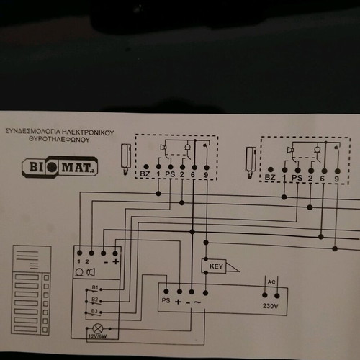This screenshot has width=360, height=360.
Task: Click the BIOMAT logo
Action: click(60, 166)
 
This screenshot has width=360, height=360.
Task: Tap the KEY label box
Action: click(214, 266)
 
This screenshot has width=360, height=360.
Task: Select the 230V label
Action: click(271, 306)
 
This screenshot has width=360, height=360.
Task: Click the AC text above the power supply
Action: click(271, 282)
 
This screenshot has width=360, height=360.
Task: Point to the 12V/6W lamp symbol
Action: click(98, 328)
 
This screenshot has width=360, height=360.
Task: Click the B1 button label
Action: click(95, 287)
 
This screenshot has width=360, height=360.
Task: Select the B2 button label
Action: click(95, 300)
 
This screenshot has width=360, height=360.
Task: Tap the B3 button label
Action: click(94, 311)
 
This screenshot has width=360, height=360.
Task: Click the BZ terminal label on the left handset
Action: click(145, 174)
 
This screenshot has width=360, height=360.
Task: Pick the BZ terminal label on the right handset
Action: click(270, 178)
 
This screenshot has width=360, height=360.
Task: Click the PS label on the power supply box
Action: click(166, 300)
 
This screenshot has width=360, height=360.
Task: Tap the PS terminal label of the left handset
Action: click(170, 174)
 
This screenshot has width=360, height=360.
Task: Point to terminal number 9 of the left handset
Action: click(206, 175)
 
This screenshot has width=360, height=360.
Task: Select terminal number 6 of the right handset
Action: click(322, 179)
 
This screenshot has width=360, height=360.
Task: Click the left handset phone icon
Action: click(126, 159)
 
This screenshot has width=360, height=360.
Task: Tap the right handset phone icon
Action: click(251, 163)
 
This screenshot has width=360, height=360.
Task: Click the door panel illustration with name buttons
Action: click(31, 290)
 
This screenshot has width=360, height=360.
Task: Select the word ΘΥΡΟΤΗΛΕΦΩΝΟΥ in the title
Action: click(59, 140)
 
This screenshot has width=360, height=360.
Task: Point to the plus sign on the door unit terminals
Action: click(116, 261)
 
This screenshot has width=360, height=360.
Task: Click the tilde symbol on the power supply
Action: click(197, 302)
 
